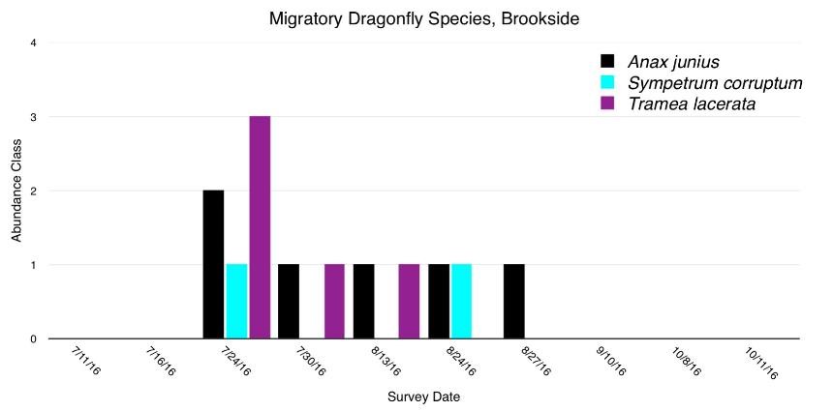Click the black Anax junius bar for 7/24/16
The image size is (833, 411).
click(x=213, y=264)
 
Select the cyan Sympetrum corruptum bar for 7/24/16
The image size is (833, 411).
click(x=236, y=301)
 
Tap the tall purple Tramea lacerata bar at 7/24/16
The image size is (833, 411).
click(x=260, y=227)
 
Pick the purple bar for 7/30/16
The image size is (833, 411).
click(x=334, y=301)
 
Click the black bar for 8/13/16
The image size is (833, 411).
click(x=363, y=301)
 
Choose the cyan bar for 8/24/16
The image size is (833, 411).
click(x=461, y=301)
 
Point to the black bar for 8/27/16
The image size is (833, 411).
click(x=513, y=301)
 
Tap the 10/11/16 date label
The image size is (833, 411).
click(x=761, y=363)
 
